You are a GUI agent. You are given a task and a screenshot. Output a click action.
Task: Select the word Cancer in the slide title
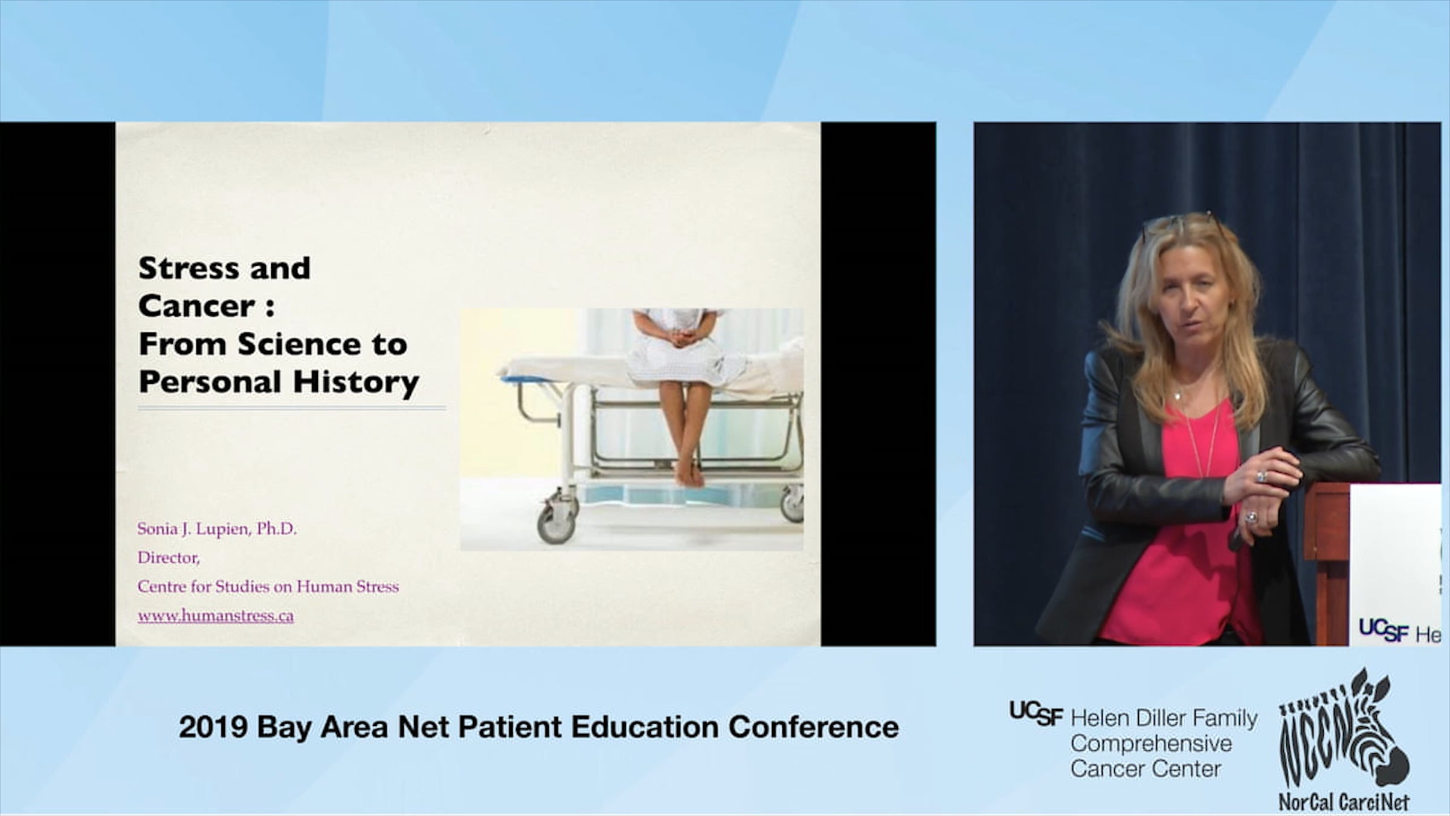197,306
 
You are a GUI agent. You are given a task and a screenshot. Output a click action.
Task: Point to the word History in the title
356,383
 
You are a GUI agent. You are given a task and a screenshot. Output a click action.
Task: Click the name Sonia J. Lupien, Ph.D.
217,529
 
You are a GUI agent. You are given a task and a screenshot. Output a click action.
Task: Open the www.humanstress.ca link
216,616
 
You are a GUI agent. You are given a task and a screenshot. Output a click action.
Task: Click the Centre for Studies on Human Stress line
268,586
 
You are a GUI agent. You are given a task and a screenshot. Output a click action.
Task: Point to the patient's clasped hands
681,335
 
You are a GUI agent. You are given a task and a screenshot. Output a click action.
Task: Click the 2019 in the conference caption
213,727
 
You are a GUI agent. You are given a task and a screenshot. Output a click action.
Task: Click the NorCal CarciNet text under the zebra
1344,802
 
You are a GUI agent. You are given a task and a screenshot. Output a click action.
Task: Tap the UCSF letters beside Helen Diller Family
1036,714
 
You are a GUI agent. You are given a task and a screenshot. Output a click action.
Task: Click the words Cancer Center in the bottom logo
1146,769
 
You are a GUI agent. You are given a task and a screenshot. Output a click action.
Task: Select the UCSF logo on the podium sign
1383,630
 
